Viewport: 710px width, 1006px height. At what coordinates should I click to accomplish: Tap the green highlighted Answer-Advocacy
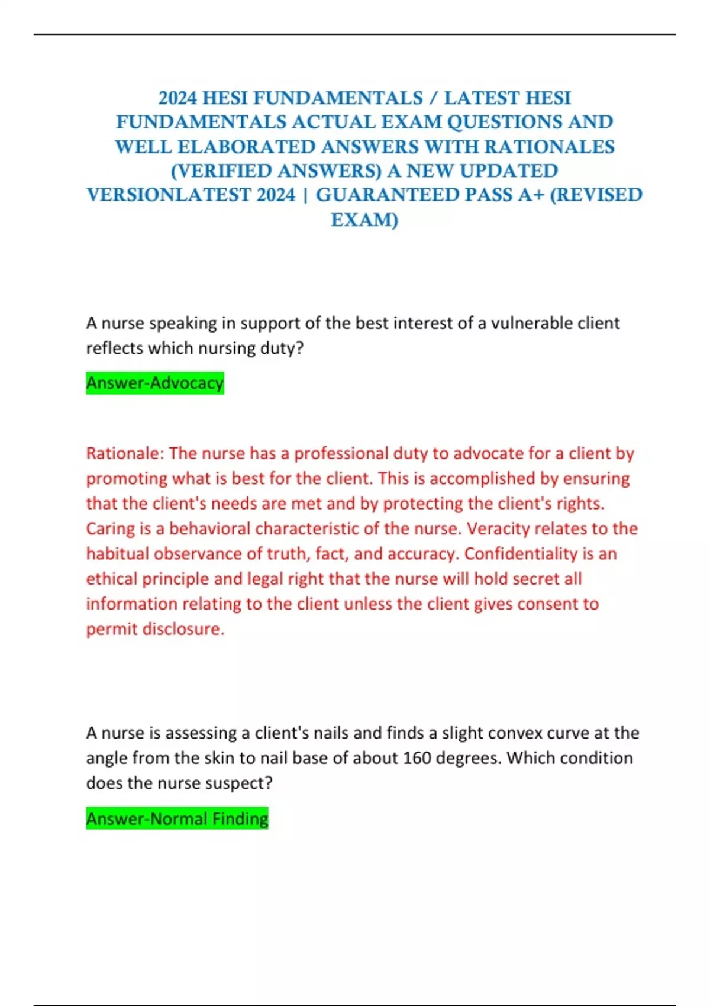[x=155, y=383]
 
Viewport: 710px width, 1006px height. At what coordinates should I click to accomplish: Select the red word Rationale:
[x=125, y=453]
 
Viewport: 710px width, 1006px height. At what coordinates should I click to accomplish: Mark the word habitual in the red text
[x=117, y=553]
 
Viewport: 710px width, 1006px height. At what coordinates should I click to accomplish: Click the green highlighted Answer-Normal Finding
[x=177, y=818]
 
